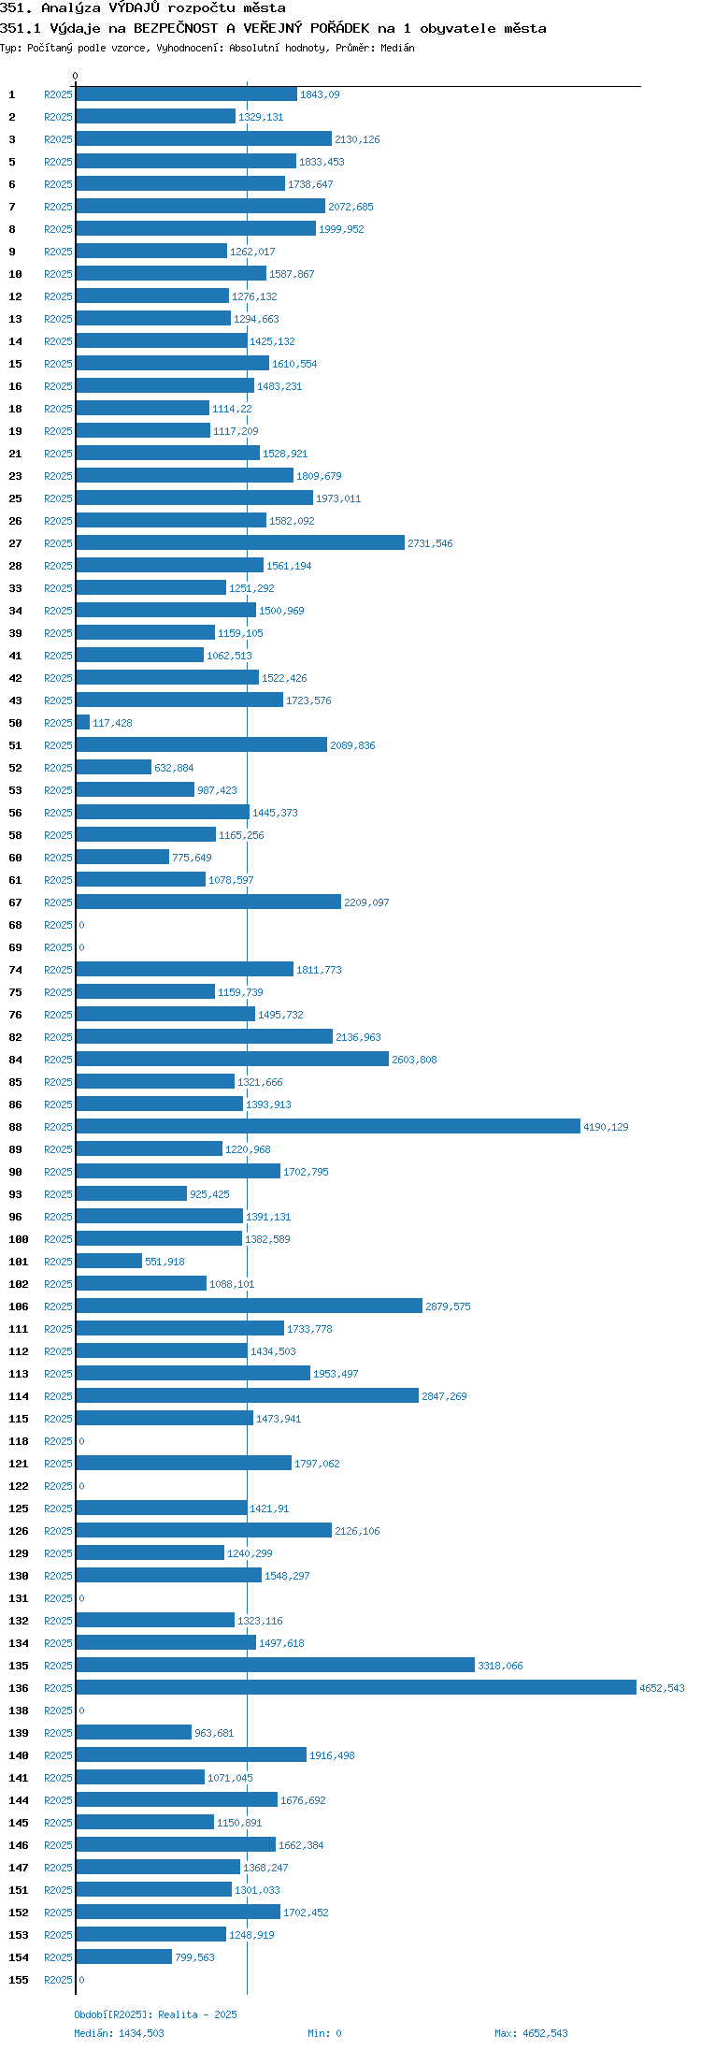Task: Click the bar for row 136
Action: (356, 1687)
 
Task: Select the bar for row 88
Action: (328, 1126)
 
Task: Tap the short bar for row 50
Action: (83, 722)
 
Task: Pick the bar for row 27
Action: (240, 542)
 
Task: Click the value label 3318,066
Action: (500, 1666)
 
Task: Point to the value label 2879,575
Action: (448, 1307)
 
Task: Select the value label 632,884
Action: (174, 768)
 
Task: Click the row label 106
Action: (19, 1307)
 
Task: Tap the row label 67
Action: (15, 902)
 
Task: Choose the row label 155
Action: (19, 1980)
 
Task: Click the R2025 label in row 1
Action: (58, 94)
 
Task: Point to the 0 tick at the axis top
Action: (76, 76)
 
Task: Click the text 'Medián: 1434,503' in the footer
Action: (119, 2033)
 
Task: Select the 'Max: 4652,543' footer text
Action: (531, 2033)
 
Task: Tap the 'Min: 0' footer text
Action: (324, 2033)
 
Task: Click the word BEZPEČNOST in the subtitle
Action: (177, 28)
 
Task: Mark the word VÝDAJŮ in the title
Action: (135, 7)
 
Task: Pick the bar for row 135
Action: (276, 1665)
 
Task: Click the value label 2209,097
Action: (366, 902)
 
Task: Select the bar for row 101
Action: (109, 1261)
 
